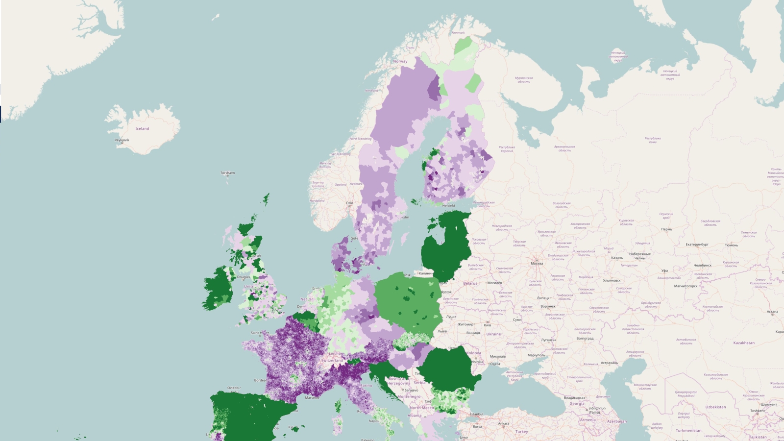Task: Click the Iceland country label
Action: [142, 129]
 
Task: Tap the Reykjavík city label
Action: [122, 140]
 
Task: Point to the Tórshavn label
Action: [227, 173]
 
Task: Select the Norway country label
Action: [400, 61]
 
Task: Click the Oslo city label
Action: [349, 203]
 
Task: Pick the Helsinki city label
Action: [448, 206]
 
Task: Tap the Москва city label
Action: [537, 264]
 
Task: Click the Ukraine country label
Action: [493, 334]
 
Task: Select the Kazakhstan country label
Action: [744, 343]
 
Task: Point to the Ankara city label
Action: [504, 424]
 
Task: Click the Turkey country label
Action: [522, 432]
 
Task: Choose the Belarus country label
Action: [470, 283]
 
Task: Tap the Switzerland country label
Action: [332, 361]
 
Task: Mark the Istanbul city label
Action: [476, 415]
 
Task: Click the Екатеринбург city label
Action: [697, 245]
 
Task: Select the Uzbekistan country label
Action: [716, 407]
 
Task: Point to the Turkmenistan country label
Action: [689, 431]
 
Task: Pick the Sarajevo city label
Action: [411, 391]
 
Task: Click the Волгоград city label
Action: [585, 339]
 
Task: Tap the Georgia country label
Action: [577, 404]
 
